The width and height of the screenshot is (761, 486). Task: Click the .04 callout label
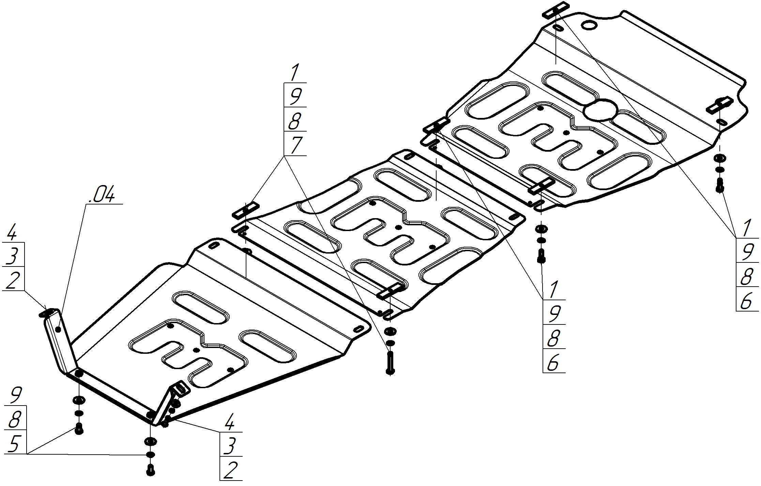click(x=102, y=195)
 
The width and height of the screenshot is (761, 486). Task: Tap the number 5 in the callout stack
click(x=14, y=444)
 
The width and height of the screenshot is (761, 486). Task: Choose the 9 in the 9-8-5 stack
click(x=15, y=395)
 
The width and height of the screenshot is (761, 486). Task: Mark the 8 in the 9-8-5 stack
click(x=15, y=420)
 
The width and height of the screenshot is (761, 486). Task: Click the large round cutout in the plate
click(x=600, y=110)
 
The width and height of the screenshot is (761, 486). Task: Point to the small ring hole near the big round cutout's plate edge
click(x=589, y=26)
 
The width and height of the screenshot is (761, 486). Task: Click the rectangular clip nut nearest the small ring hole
click(x=556, y=10)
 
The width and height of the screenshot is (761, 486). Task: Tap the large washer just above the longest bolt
click(x=390, y=331)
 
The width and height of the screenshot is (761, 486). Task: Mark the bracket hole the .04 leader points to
click(x=58, y=329)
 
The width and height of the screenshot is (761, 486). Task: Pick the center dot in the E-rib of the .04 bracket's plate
click(x=196, y=350)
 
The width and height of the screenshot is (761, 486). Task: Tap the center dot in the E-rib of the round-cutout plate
click(x=566, y=132)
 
